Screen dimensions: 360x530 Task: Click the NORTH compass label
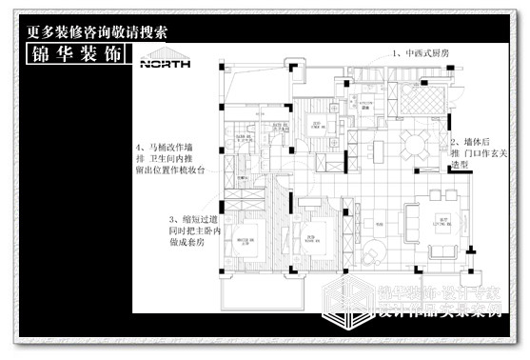(x=165, y=65)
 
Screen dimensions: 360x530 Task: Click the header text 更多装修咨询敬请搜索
(x=96, y=30)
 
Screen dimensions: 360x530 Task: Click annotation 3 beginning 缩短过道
(x=186, y=230)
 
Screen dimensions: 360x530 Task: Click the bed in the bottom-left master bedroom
(x=245, y=236)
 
